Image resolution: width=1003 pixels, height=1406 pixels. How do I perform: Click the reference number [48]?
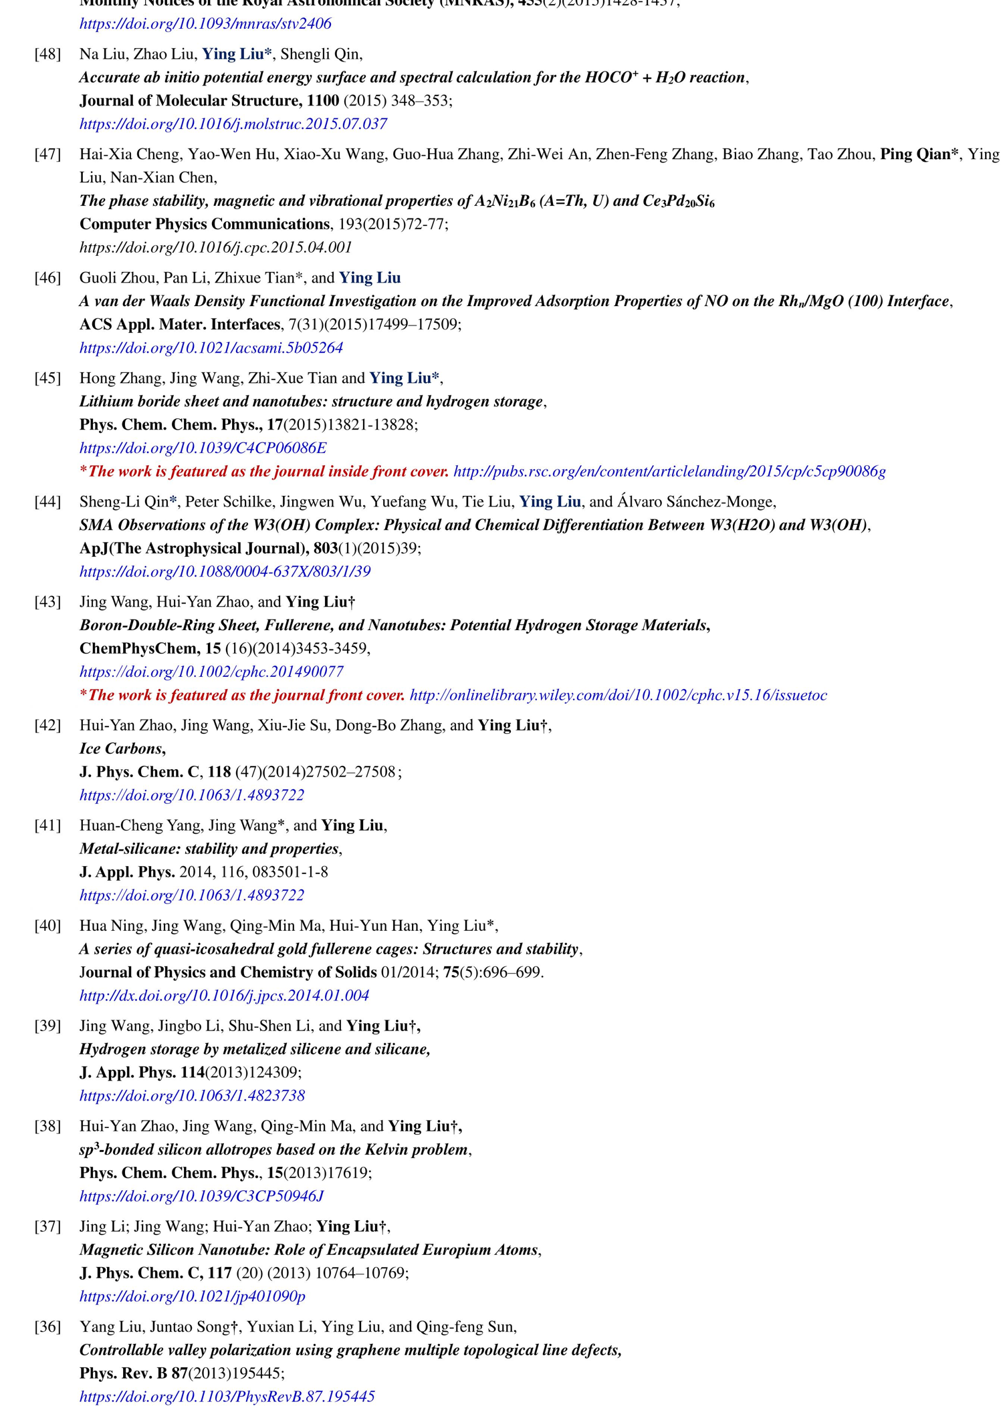click(x=47, y=54)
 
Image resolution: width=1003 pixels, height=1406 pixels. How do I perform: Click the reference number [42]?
click(x=47, y=725)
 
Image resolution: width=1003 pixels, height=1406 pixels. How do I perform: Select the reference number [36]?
click(x=47, y=1326)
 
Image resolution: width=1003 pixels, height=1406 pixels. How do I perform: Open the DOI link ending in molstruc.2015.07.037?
click(x=233, y=124)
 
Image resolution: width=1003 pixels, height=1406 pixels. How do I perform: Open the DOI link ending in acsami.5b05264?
click(x=211, y=347)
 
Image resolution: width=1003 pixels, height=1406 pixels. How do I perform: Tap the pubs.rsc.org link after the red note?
click(x=669, y=471)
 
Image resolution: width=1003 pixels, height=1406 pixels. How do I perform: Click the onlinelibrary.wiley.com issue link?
click(x=618, y=695)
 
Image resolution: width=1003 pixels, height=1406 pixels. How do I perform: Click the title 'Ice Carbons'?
click(x=121, y=748)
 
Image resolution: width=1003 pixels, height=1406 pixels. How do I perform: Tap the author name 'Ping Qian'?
click(x=915, y=154)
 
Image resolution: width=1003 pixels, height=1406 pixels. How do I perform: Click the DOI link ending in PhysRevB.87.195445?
click(x=227, y=1396)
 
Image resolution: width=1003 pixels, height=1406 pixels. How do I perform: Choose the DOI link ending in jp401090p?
click(x=192, y=1296)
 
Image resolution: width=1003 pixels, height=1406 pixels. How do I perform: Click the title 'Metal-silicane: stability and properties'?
click(x=209, y=849)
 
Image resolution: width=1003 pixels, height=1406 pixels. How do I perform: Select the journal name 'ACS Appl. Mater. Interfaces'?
click(x=179, y=324)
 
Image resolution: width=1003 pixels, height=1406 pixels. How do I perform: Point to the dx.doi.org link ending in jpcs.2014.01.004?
click(x=224, y=995)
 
